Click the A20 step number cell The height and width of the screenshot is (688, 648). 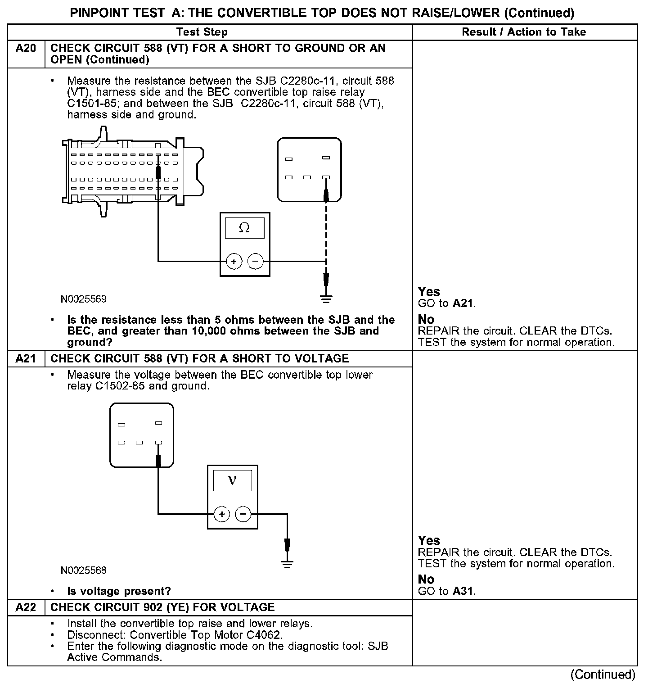point(26,48)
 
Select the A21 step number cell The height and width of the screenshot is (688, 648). point(26,358)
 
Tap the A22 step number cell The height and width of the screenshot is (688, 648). point(26,607)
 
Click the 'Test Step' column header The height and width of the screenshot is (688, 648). point(202,32)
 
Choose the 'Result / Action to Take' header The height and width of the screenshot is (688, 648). point(524,32)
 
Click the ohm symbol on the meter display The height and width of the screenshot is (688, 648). point(244,228)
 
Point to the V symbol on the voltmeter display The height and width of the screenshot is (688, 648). point(232,480)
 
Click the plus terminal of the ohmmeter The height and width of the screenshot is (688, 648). point(234,261)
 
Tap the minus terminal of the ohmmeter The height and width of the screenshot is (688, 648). point(255,261)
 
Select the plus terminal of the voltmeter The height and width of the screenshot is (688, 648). point(221,514)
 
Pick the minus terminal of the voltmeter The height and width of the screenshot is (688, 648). point(243,514)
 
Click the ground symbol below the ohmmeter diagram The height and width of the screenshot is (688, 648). point(326,298)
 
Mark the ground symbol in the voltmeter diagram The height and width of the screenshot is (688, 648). point(287,563)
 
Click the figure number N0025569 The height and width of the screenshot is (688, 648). point(84,299)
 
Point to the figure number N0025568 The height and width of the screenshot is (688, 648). point(84,570)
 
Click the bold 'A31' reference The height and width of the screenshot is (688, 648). point(463,591)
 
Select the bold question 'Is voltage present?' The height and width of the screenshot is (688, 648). point(119,591)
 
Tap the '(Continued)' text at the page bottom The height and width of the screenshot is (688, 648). point(603,674)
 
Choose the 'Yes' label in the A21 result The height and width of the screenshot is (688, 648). point(429,540)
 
